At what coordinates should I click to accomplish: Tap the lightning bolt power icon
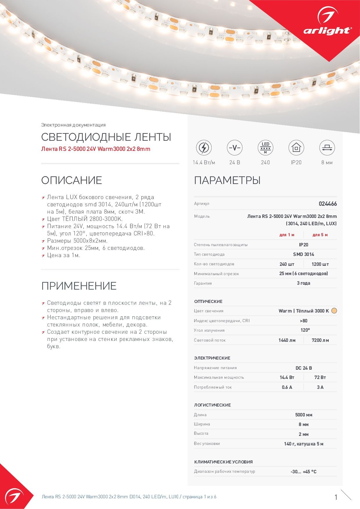[204, 147]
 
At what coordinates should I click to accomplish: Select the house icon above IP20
[296, 147]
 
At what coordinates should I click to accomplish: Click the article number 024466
[328, 204]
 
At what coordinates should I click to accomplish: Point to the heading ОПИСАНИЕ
[72, 180]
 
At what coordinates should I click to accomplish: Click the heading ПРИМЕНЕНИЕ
[79, 286]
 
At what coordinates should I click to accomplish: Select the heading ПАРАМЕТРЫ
[227, 180]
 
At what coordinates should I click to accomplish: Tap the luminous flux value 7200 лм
[320, 340]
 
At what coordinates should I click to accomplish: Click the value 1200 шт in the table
[320, 264]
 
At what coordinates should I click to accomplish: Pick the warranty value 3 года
[303, 283]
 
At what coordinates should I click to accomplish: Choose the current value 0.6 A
[287, 387]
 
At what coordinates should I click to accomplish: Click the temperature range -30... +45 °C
[303, 472]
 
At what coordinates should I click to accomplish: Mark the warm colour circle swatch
[334, 311]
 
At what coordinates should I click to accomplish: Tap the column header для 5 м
[320, 235]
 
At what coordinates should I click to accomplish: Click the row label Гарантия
[203, 283]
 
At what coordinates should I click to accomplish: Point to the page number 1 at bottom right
[336, 497]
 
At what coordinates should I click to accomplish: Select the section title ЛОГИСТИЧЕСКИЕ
[213, 405]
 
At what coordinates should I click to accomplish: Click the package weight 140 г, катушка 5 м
[303, 444]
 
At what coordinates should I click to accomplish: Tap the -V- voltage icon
[235, 147]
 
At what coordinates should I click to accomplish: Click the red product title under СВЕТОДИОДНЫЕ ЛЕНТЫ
[96, 149]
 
